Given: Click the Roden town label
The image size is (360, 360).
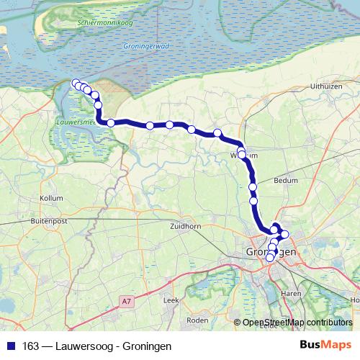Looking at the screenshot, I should pyautogui.click(x=197, y=320).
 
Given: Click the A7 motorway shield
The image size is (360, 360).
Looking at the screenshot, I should pyautogui.click(x=127, y=301).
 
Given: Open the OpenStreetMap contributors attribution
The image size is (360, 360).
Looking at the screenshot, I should pyautogui.click(x=297, y=322).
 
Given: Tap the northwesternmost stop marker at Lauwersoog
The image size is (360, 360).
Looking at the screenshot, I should pyautogui.click(x=76, y=83).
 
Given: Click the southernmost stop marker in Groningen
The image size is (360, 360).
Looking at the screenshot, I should pyautogui.click(x=270, y=258).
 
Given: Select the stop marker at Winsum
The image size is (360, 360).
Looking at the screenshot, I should pyautogui.click(x=242, y=153).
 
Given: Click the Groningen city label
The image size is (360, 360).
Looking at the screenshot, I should pyautogui.click(x=271, y=253).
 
